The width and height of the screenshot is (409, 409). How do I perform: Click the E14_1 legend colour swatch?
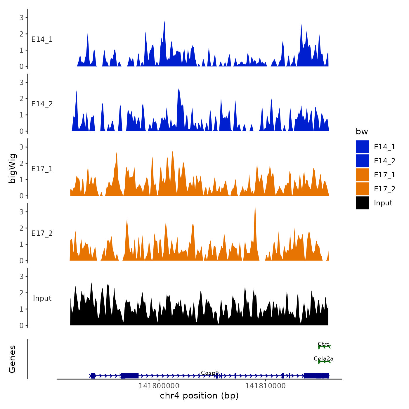[x=362, y=147]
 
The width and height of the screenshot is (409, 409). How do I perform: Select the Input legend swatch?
[x=362, y=203]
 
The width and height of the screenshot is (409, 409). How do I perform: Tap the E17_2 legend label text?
[x=384, y=189]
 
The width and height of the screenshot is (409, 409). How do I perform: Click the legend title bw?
[x=362, y=131]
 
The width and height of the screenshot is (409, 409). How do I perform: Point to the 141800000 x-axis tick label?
[x=159, y=386]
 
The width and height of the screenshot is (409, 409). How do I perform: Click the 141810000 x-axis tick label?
[x=265, y=386]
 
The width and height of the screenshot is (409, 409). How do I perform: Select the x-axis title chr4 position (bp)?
[x=199, y=396]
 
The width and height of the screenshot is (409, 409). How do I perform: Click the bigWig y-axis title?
[x=13, y=168]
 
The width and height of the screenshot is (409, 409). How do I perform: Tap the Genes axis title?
[x=13, y=359]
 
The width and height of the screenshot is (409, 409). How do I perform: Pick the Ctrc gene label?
[x=324, y=344]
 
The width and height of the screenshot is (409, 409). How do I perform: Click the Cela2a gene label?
[x=323, y=358]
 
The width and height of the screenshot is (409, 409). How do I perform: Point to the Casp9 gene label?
[x=210, y=373]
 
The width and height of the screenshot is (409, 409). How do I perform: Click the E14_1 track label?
[x=42, y=39]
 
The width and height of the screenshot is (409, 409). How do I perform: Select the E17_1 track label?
[x=42, y=169]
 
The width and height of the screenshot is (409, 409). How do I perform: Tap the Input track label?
[x=42, y=298]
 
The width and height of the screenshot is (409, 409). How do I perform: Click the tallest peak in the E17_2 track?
[x=255, y=206]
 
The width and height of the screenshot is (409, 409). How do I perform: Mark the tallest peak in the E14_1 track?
[x=164, y=22]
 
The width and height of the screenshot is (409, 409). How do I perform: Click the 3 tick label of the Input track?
[x=21, y=276]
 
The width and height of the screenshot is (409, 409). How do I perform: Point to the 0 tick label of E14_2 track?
[x=21, y=131]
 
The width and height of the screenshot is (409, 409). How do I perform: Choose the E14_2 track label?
[x=42, y=104]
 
